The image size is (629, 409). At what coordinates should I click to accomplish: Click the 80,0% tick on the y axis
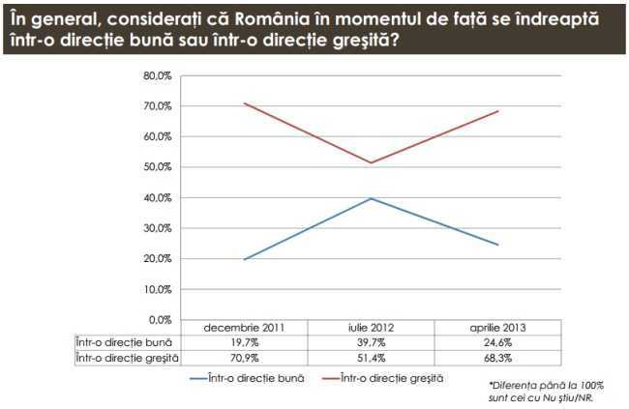click(x=158, y=75)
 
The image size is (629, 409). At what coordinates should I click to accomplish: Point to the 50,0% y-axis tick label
click(x=158, y=167)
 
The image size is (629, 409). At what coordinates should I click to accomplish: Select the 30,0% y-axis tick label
click(x=158, y=228)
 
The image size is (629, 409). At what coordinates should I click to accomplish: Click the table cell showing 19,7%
click(x=243, y=342)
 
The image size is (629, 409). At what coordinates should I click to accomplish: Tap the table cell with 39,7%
click(x=372, y=342)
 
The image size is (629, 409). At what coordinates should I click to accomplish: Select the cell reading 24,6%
click(x=497, y=342)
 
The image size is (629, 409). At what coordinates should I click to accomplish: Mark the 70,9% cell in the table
click(x=243, y=356)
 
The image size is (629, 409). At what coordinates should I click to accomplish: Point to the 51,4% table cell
click(x=372, y=356)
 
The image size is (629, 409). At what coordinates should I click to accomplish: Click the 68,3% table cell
click(x=497, y=356)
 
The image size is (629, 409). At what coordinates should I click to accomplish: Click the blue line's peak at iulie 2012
click(x=372, y=198)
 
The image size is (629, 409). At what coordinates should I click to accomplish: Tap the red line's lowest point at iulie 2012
click(x=372, y=162)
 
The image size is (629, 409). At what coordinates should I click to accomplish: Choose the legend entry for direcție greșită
click(x=392, y=378)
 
